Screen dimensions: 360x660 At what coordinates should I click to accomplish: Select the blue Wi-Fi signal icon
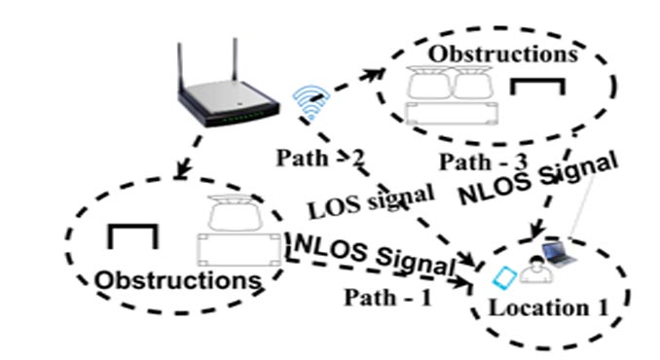coord(309,101)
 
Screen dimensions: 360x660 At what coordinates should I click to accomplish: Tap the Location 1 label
coord(550,310)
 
